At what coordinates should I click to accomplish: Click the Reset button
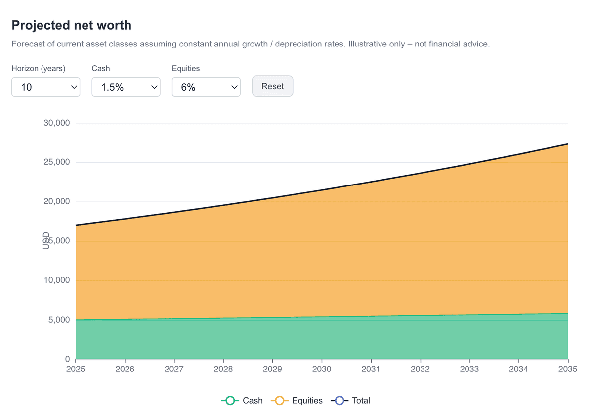click(x=272, y=86)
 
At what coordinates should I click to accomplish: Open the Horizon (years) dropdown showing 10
click(x=45, y=87)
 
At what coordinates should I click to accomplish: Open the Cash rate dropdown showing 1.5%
click(x=126, y=87)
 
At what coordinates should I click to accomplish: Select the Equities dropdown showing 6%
click(x=206, y=87)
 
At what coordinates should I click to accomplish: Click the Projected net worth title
click(x=71, y=25)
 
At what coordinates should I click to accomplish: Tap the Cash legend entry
click(x=242, y=401)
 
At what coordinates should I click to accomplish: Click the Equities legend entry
click(x=296, y=401)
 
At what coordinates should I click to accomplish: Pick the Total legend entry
click(x=352, y=401)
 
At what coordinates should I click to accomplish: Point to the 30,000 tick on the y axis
click(x=57, y=123)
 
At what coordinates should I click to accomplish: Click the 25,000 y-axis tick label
click(x=57, y=162)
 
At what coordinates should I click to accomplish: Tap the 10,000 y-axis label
click(x=57, y=280)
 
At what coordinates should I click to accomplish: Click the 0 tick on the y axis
click(x=67, y=359)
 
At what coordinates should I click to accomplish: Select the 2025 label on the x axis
click(x=76, y=369)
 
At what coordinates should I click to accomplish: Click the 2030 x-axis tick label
click(x=322, y=369)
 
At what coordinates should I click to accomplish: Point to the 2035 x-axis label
click(x=567, y=369)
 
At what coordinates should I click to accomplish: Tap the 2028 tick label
click(x=223, y=369)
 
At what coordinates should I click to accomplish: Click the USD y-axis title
click(x=46, y=241)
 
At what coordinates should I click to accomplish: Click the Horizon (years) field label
click(x=39, y=69)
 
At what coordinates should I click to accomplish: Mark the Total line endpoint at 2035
click(x=567, y=144)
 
